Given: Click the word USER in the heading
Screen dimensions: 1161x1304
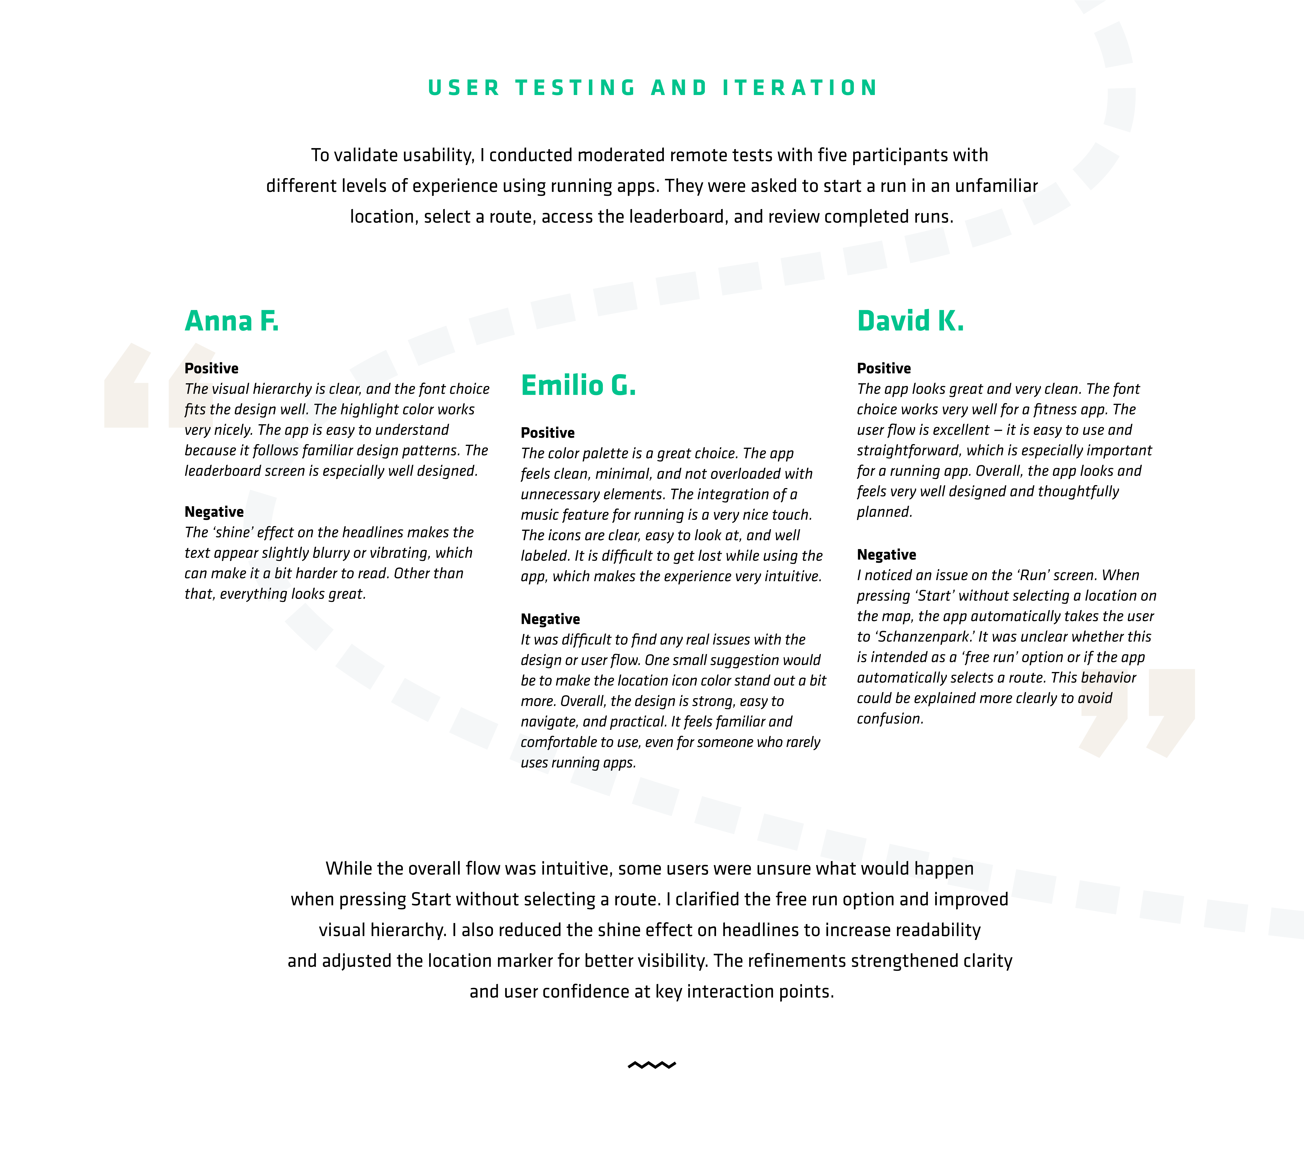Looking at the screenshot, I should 464,88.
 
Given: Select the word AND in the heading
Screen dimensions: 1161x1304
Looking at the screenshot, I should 679,88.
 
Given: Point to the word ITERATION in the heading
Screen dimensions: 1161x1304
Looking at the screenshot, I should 800,88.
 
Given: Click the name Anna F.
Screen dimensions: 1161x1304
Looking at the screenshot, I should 232,321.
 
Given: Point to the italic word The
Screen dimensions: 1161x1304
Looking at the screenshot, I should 197,389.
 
